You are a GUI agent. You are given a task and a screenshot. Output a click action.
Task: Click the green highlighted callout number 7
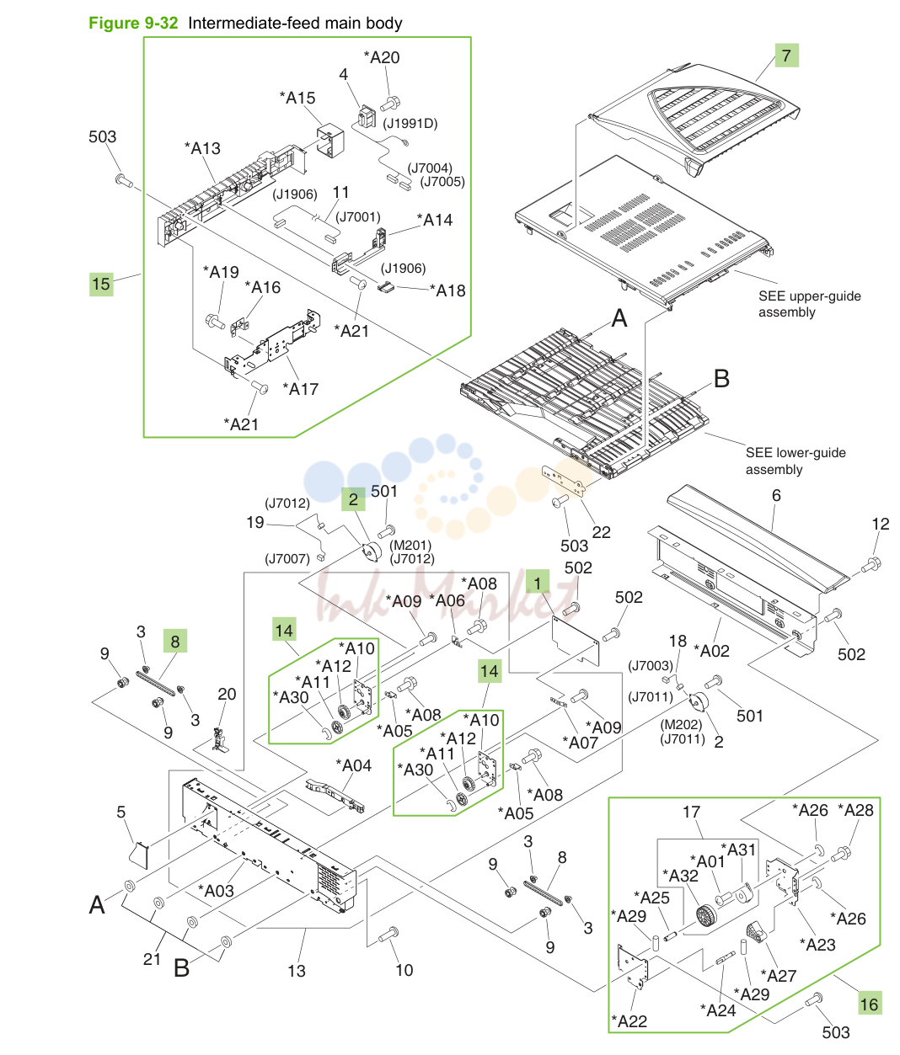(x=786, y=55)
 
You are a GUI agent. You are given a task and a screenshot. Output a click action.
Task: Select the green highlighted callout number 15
(x=101, y=284)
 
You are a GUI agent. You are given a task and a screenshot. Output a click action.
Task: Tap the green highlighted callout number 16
(x=869, y=1004)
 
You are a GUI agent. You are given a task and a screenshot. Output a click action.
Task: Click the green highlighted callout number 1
(x=538, y=582)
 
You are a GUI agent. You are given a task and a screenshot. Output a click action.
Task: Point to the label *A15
(x=297, y=98)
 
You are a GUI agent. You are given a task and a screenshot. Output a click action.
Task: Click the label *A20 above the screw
(x=382, y=57)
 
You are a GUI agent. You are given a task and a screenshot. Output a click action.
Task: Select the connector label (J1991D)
(x=410, y=124)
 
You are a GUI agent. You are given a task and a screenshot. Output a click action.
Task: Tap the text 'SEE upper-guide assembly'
(x=809, y=304)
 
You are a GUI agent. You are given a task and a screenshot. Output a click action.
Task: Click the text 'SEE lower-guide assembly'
(x=796, y=461)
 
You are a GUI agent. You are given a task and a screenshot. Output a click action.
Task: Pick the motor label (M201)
(x=410, y=545)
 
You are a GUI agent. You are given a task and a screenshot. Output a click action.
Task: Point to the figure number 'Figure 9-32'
(x=133, y=23)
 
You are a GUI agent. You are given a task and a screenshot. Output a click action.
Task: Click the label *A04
(x=353, y=765)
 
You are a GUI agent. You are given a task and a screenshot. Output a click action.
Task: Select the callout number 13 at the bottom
(x=297, y=970)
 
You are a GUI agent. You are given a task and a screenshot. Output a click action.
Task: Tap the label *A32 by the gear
(x=680, y=876)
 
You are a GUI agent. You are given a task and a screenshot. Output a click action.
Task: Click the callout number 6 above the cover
(x=776, y=495)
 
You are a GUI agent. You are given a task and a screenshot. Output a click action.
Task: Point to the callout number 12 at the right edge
(x=881, y=524)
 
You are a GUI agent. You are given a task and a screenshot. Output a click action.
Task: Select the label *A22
(x=629, y=1021)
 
